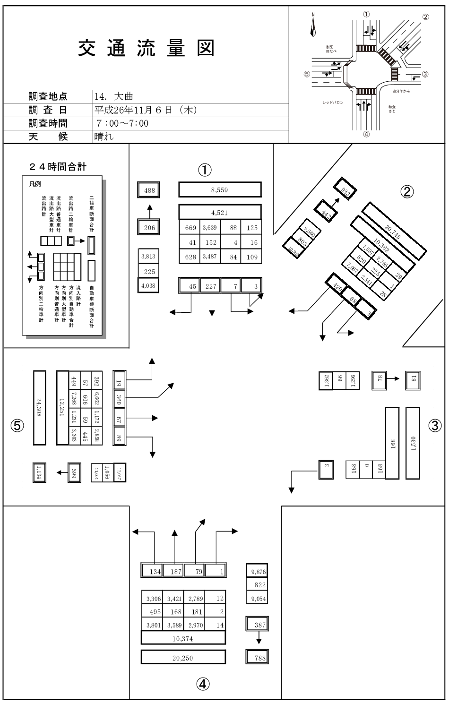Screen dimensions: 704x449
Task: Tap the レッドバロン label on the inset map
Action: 333,103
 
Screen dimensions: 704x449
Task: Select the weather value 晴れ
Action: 104,137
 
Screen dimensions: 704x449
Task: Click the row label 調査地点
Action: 48,97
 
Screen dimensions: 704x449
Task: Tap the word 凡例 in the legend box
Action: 35,184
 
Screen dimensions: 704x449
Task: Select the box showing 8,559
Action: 220,189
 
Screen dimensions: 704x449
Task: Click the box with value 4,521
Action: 220,212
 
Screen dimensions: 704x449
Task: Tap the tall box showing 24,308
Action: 40,407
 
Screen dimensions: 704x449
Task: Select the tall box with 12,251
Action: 62,407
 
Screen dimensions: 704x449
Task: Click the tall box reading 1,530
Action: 413,443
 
